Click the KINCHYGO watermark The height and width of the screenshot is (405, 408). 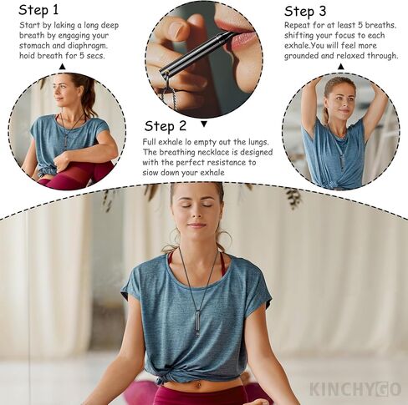[x=354, y=389]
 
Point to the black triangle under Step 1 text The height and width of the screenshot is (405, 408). [x=62, y=66]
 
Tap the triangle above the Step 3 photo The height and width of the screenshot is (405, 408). [x=340, y=66]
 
